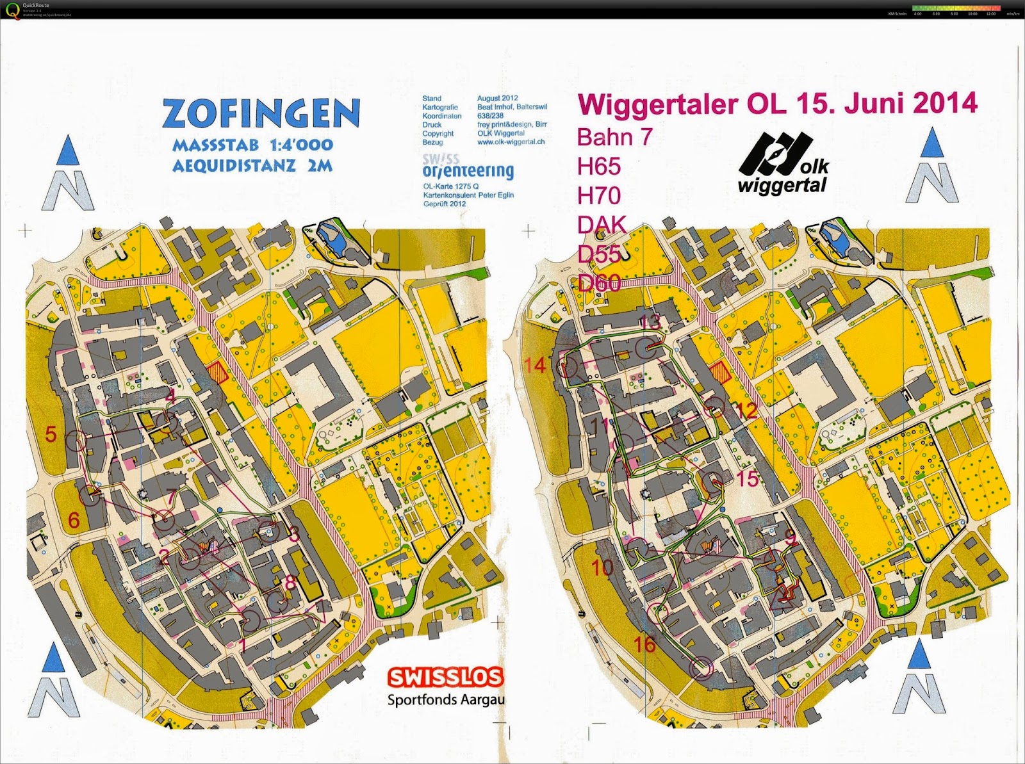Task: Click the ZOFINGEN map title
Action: click(261, 114)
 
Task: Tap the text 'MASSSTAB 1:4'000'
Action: click(252, 145)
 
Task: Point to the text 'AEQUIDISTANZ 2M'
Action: click(252, 166)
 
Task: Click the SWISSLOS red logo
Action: click(445, 677)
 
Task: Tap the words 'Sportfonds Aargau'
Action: click(446, 699)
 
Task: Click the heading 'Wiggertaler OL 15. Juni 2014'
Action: click(777, 103)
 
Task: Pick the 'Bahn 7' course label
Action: click(614, 136)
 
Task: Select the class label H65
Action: click(599, 167)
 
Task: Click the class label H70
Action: click(599, 195)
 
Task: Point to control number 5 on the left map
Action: click(51, 434)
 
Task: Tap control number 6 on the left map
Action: click(74, 519)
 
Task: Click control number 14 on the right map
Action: click(535, 366)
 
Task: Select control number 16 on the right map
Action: click(644, 644)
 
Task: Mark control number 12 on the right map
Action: click(747, 410)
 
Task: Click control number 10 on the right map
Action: click(602, 567)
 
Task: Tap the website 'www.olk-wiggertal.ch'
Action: click(511, 142)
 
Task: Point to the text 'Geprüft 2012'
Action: click(444, 204)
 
